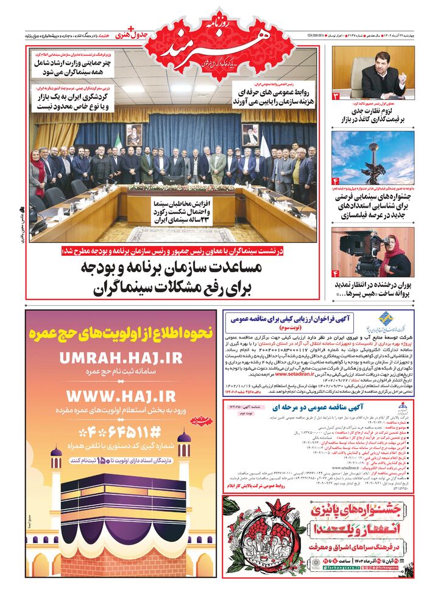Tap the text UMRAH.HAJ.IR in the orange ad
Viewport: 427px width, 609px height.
click(121, 359)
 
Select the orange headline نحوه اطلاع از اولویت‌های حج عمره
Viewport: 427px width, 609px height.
click(121, 333)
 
